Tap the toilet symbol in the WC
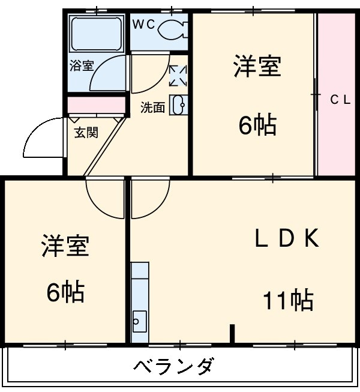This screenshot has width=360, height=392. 173,28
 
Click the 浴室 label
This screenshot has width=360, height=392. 82,65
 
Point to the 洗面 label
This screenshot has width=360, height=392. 152,108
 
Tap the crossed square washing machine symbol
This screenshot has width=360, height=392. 178,75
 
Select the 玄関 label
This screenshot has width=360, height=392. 86,132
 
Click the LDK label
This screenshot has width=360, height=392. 287,240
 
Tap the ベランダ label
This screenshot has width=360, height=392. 173,366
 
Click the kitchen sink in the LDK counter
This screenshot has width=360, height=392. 139,321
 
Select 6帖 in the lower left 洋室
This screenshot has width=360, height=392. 65,292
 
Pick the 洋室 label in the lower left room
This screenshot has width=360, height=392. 65,247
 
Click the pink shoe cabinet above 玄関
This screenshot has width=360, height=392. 96,104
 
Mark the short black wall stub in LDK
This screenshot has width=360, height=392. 232,334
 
